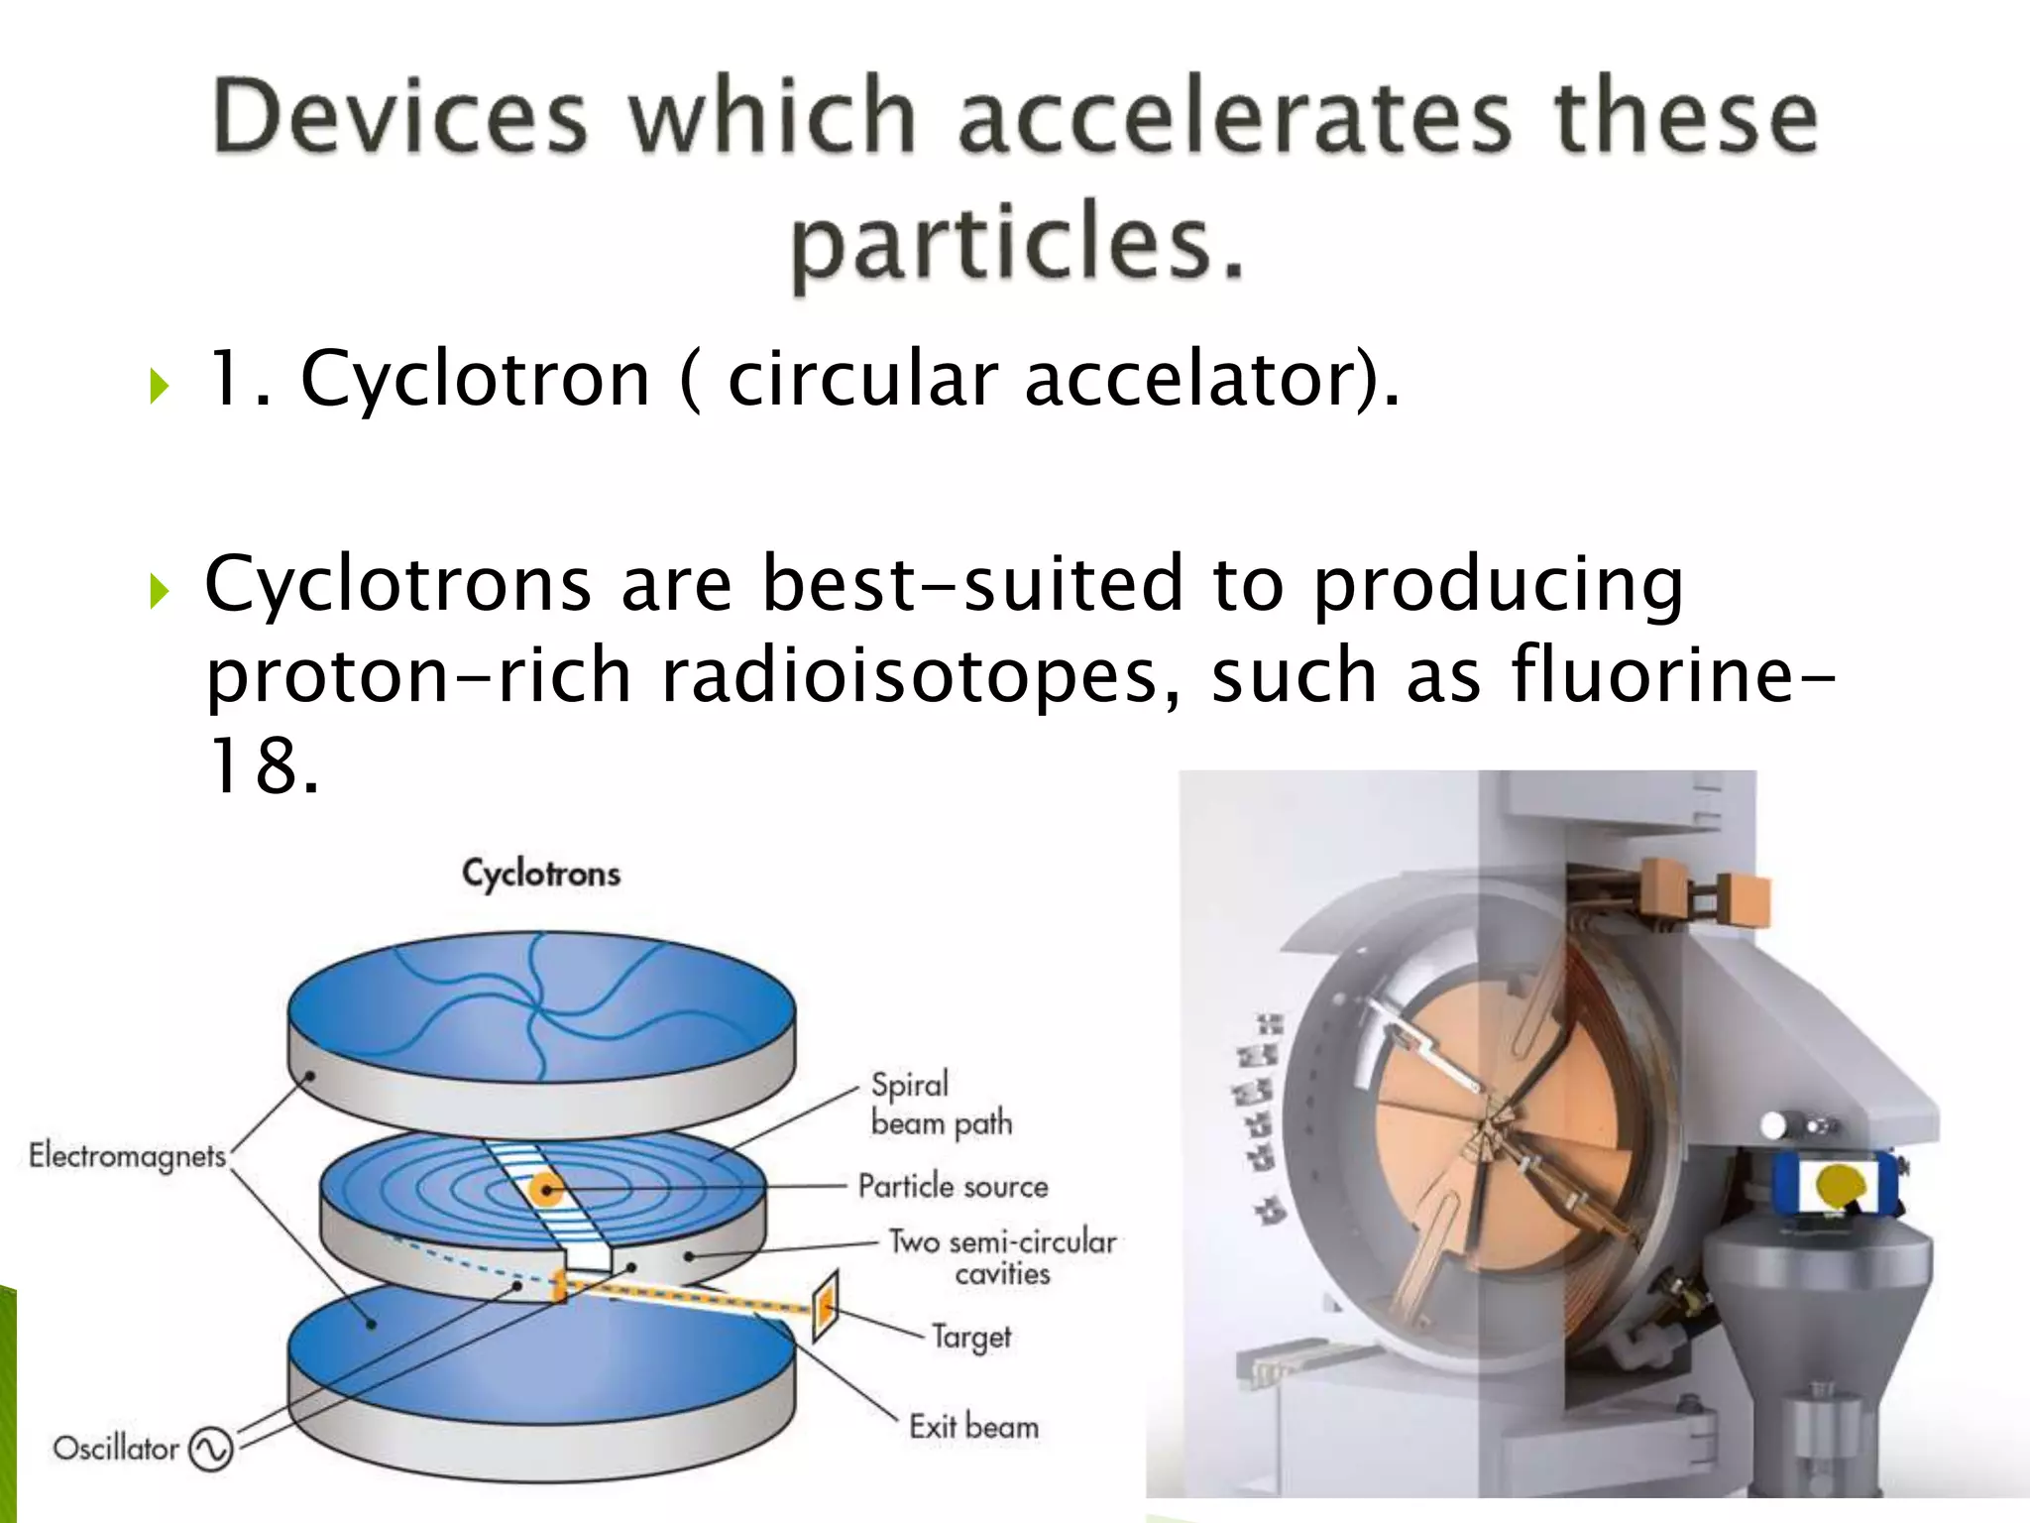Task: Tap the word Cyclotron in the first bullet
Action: (x=474, y=379)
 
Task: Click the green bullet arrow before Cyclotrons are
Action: (x=160, y=592)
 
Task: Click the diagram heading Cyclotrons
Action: (x=541, y=874)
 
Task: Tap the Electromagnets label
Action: (x=127, y=1156)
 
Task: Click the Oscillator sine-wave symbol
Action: (x=210, y=1450)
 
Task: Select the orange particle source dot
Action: (x=544, y=1188)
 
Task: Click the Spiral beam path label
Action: (x=940, y=1104)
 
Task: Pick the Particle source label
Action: (x=953, y=1187)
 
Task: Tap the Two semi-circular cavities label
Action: (x=1001, y=1257)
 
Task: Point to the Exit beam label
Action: (x=973, y=1427)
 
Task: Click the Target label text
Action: (x=970, y=1338)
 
